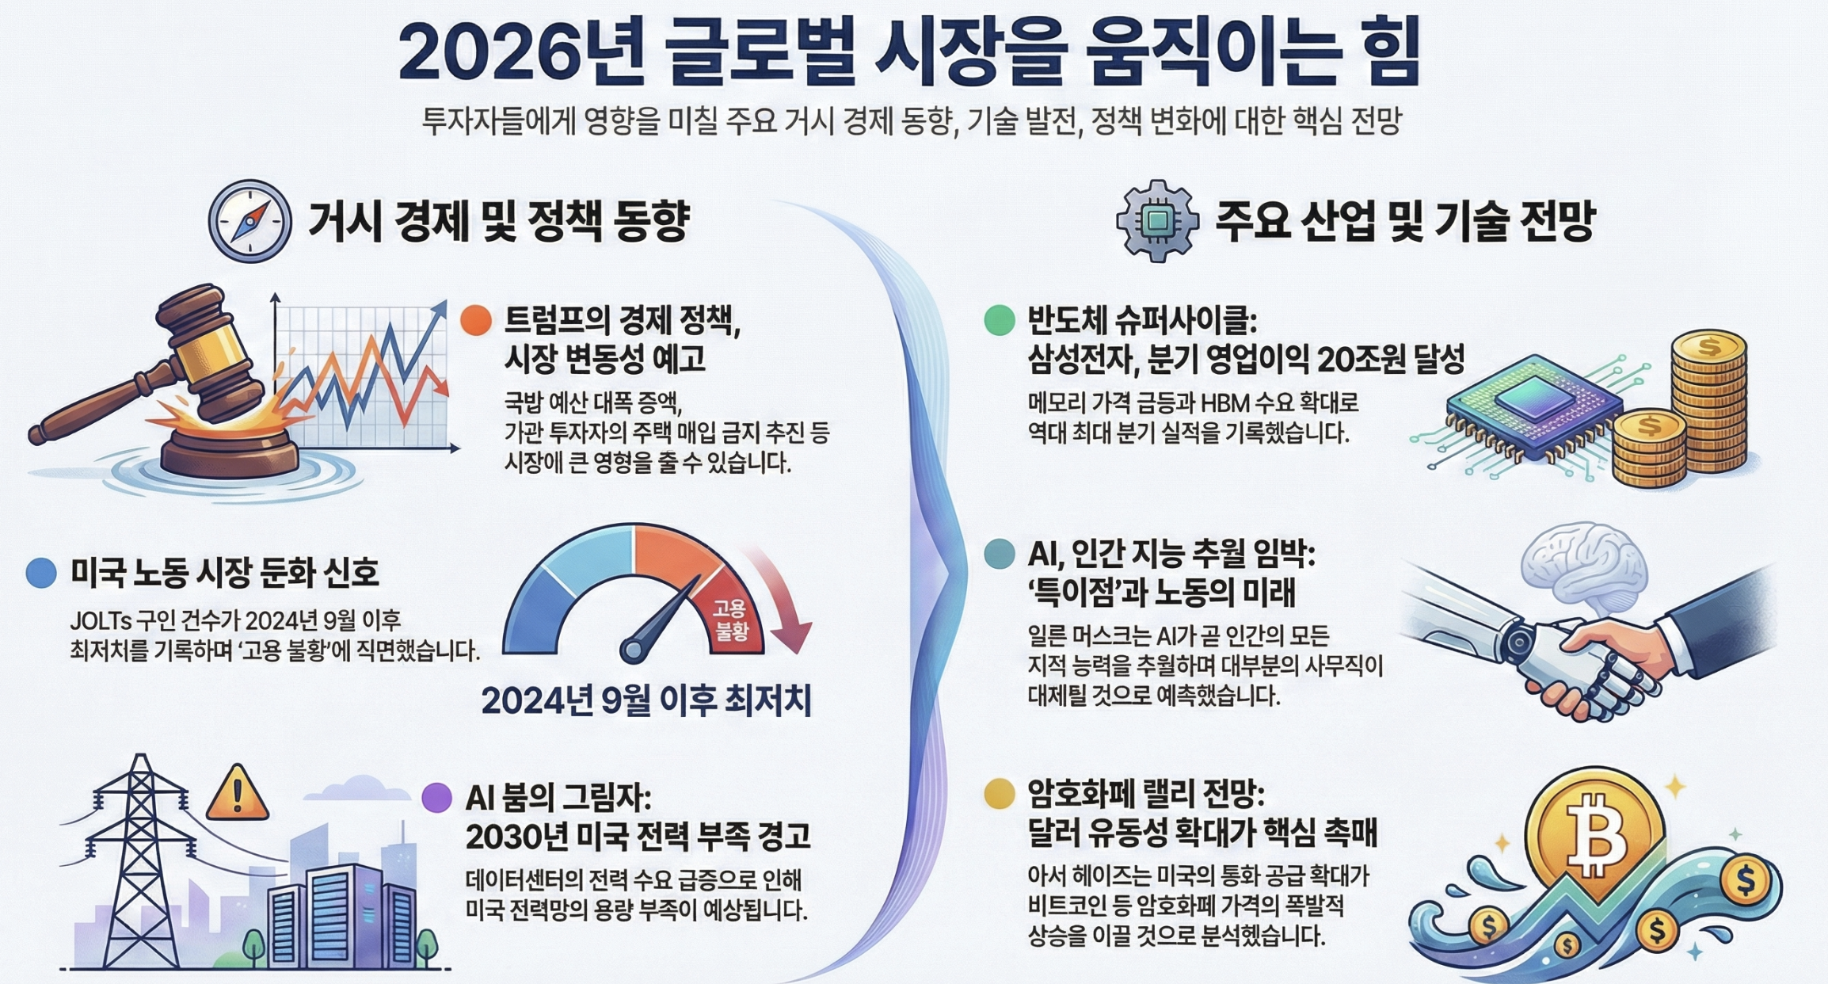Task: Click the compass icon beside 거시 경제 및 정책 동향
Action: tap(249, 221)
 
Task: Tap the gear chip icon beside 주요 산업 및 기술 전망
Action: tap(1157, 221)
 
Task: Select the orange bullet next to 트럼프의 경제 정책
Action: tap(476, 320)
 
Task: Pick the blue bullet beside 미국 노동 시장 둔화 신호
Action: tap(41, 572)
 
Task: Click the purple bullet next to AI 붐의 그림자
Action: tap(436, 798)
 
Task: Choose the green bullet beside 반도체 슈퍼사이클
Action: tap(1000, 320)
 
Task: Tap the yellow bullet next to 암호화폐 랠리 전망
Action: tap(1000, 793)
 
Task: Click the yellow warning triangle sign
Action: tap(238, 793)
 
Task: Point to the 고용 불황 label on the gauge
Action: tap(730, 620)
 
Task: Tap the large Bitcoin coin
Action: tap(1594, 834)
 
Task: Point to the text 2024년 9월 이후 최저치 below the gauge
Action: tap(646, 700)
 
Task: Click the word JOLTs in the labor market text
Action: tap(101, 620)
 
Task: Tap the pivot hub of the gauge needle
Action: tap(632, 650)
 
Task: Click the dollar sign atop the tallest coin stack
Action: tap(1708, 347)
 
